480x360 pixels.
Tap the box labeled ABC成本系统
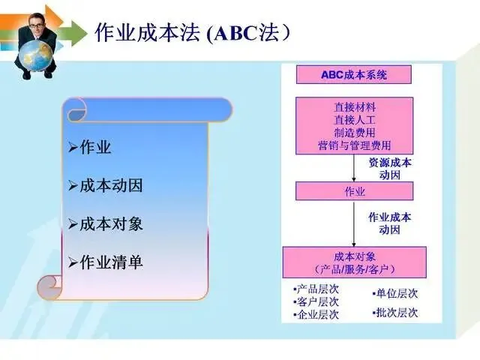355,75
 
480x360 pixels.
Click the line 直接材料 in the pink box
355,107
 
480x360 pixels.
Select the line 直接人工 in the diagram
355,120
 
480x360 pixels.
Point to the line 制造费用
355,133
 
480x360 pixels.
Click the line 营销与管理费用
355,145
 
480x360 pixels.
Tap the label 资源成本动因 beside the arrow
389,168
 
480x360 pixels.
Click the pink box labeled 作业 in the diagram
355,191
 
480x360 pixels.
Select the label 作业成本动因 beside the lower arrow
389,223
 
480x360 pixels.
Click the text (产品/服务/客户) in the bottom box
355,268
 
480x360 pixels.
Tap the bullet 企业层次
316,315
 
